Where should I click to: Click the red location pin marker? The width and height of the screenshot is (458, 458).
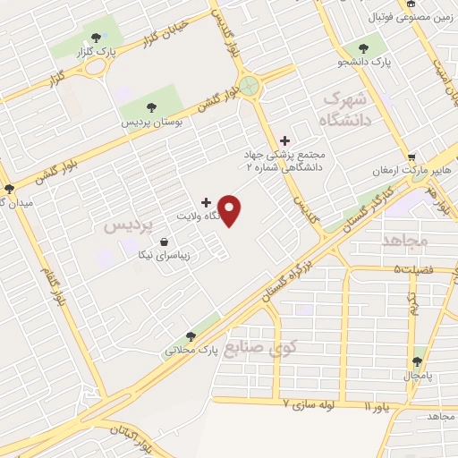tap(231, 210)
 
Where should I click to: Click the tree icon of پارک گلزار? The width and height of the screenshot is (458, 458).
tap(96, 37)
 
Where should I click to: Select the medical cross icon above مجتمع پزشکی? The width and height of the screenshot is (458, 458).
tap(285, 140)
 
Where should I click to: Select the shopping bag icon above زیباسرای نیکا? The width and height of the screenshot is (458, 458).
tap(164, 242)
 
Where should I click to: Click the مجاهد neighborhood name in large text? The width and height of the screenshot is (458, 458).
tap(406, 241)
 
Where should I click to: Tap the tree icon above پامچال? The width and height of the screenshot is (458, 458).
tap(417, 361)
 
